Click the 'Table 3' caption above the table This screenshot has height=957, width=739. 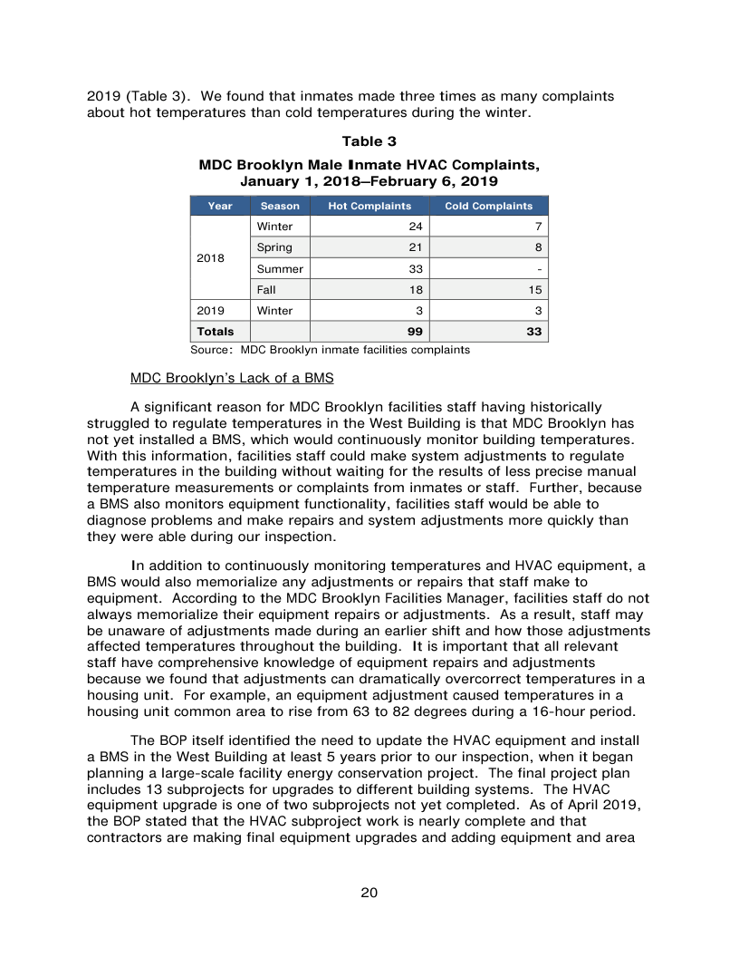click(369, 141)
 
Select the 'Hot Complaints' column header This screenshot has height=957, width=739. click(369, 206)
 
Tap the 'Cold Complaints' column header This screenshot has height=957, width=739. click(488, 206)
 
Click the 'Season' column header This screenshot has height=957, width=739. click(280, 206)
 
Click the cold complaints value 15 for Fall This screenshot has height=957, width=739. click(534, 290)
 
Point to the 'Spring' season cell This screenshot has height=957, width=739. click(274, 247)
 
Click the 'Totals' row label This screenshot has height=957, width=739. click(216, 332)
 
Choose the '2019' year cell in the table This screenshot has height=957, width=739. click(211, 311)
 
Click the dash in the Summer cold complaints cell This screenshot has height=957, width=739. click(539, 268)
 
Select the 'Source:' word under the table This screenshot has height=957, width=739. click(211, 349)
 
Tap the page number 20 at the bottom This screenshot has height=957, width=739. click(369, 893)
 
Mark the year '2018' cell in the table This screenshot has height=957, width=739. click(211, 258)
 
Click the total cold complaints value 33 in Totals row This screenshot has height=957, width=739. click(534, 332)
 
